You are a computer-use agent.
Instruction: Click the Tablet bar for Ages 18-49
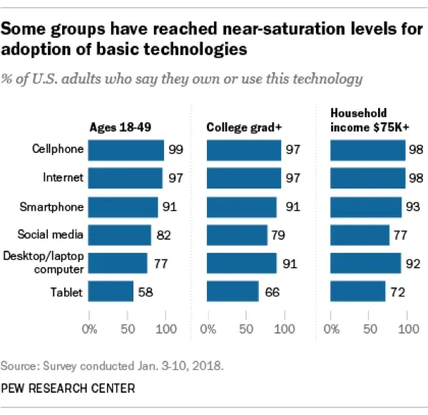[111, 291]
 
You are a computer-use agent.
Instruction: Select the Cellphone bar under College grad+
[244, 150]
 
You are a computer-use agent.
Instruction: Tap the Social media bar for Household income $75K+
[360, 234]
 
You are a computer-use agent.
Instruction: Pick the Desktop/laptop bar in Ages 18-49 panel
[118, 264]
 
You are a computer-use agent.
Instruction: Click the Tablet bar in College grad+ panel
[233, 291]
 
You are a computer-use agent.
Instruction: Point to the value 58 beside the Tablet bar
[145, 291]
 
